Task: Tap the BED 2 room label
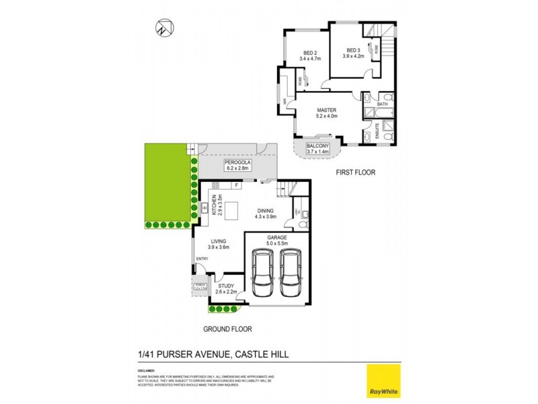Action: point(310,53)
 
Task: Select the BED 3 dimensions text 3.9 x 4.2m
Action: point(354,57)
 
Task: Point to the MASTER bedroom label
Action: point(326,110)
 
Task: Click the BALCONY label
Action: point(317,146)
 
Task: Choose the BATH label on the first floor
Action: point(382,104)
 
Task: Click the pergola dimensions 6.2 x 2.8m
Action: point(237,168)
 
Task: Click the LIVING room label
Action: point(218,240)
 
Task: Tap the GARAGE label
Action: point(276,238)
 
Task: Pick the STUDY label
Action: point(226,286)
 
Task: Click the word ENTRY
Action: point(202,259)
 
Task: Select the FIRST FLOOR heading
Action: point(355,173)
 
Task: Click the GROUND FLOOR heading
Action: point(230,330)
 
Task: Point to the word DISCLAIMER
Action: point(145,370)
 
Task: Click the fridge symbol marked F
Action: point(236,184)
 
